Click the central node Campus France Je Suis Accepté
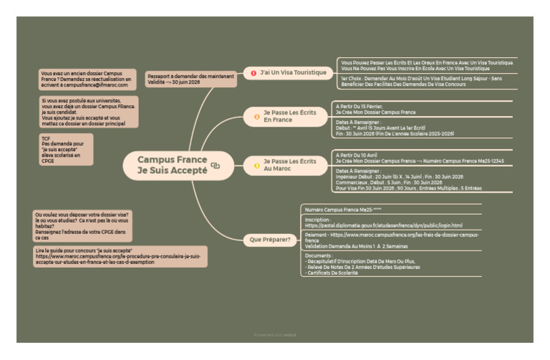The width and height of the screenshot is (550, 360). click(x=172, y=165)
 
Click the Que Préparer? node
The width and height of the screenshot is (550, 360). click(x=270, y=238)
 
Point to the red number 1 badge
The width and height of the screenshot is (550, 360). click(x=253, y=72)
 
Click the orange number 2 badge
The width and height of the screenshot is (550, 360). click(x=256, y=116)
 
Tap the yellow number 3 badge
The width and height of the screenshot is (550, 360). click(x=256, y=165)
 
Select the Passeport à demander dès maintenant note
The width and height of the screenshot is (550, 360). click(x=190, y=79)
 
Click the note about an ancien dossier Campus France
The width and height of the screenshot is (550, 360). click(x=88, y=79)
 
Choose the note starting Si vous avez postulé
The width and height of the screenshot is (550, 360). click(x=89, y=112)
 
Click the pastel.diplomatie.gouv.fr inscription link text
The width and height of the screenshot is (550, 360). click(x=384, y=225)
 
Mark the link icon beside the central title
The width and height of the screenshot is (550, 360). click(x=215, y=166)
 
